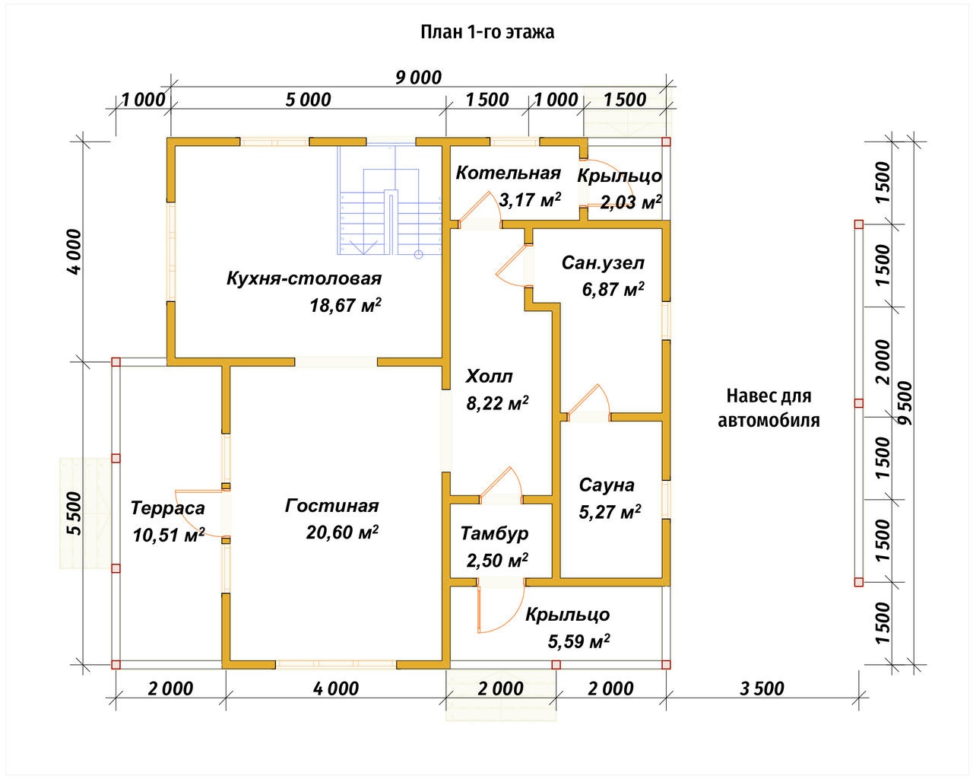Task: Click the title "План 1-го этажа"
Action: (486, 33)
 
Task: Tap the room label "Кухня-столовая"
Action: (303, 278)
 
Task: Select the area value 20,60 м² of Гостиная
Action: (342, 533)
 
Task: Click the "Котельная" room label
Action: (508, 173)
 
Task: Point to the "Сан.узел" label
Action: (603, 263)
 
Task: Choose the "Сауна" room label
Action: (607, 485)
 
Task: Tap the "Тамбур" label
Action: (494, 534)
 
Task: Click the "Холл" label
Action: (490, 377)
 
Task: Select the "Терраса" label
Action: (167, 508)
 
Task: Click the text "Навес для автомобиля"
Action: (769, 408)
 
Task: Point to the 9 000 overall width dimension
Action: (418, 78)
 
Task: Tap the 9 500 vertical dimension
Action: (904, 403)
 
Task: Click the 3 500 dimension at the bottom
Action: (761, 689)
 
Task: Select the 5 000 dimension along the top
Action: (309, 100)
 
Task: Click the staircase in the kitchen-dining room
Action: (389, 205)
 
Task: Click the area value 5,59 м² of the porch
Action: (579, 641)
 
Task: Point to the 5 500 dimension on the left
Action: (74, 514)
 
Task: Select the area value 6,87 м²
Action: (613, 290)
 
